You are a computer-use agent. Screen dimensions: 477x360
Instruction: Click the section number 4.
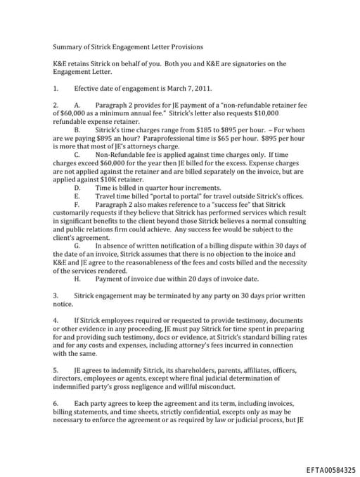56,319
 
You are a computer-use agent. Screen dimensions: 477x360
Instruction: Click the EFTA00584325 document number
331,469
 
